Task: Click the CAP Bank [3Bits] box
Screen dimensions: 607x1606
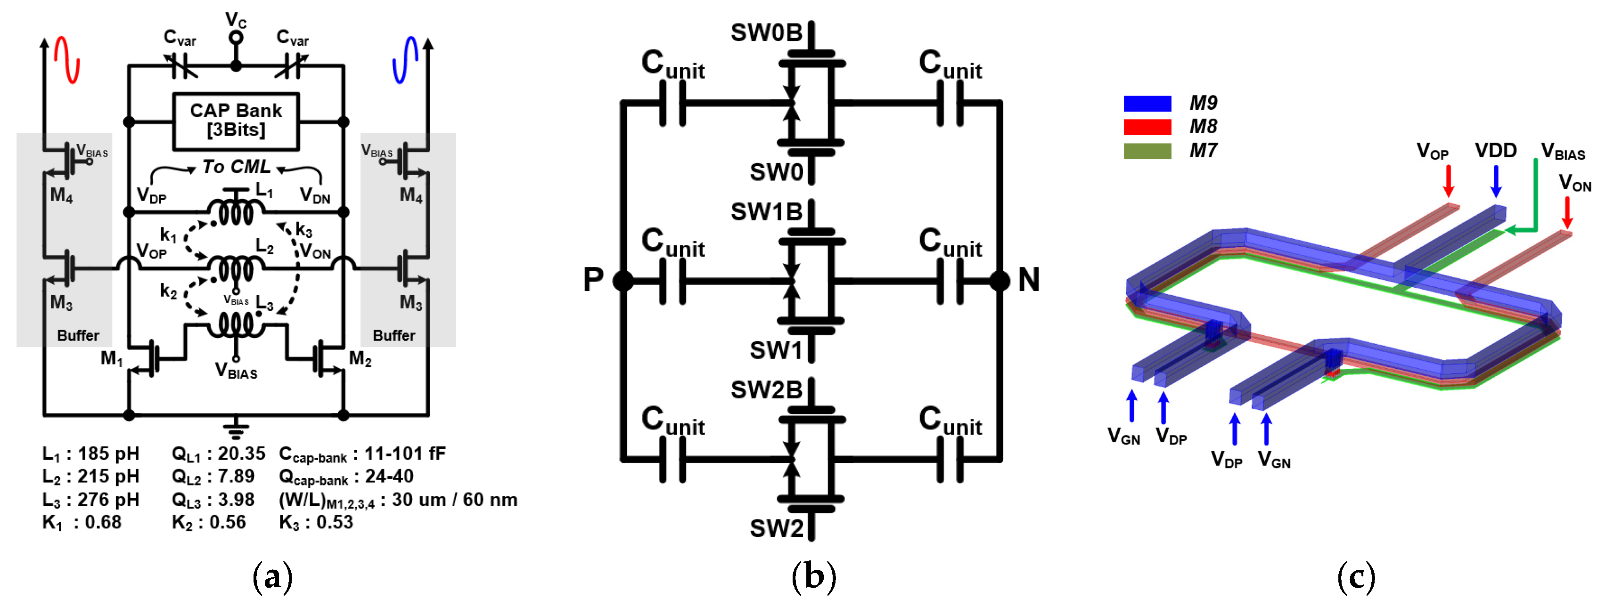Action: click(236, 121)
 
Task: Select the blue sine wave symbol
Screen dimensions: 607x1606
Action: click(406, 60)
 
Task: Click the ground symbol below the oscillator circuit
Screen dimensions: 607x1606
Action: click(236, 430)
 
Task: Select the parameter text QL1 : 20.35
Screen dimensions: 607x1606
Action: click(218, 453)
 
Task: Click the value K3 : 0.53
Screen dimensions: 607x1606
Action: click(316, 522)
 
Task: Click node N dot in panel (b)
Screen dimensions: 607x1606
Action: click(1000, 281)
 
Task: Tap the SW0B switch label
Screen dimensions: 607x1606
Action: click(766, 33)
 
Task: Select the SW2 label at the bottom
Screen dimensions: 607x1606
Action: click(776, 528)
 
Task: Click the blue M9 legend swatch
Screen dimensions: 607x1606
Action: click(1147, 104)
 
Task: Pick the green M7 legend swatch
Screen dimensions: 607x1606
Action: click(1147, 151)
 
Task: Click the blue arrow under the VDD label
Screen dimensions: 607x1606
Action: click(1496, 181)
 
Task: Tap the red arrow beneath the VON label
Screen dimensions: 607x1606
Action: click(1567, 213)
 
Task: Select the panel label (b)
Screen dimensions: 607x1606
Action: click(813, 576)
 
